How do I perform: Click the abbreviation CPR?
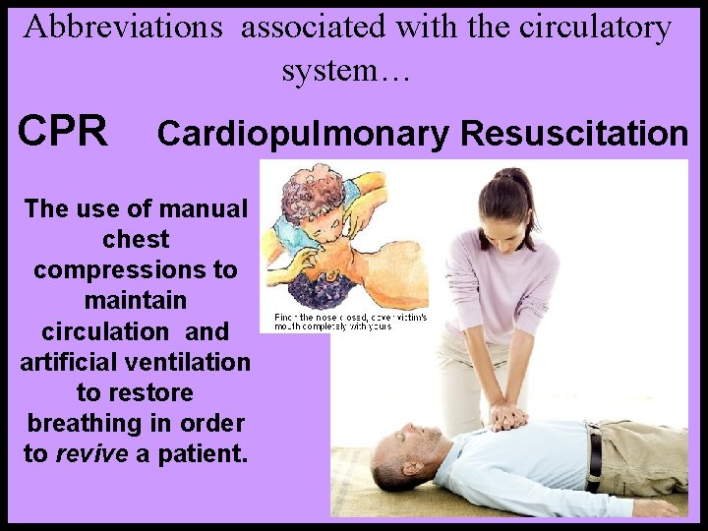(x=63, y=131)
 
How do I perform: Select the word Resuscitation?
(x=574, y=134)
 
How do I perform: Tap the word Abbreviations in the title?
(x=124, y=28)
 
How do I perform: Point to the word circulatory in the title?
(x=598, y=28)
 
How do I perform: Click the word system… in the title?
(x=343, y=71)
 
